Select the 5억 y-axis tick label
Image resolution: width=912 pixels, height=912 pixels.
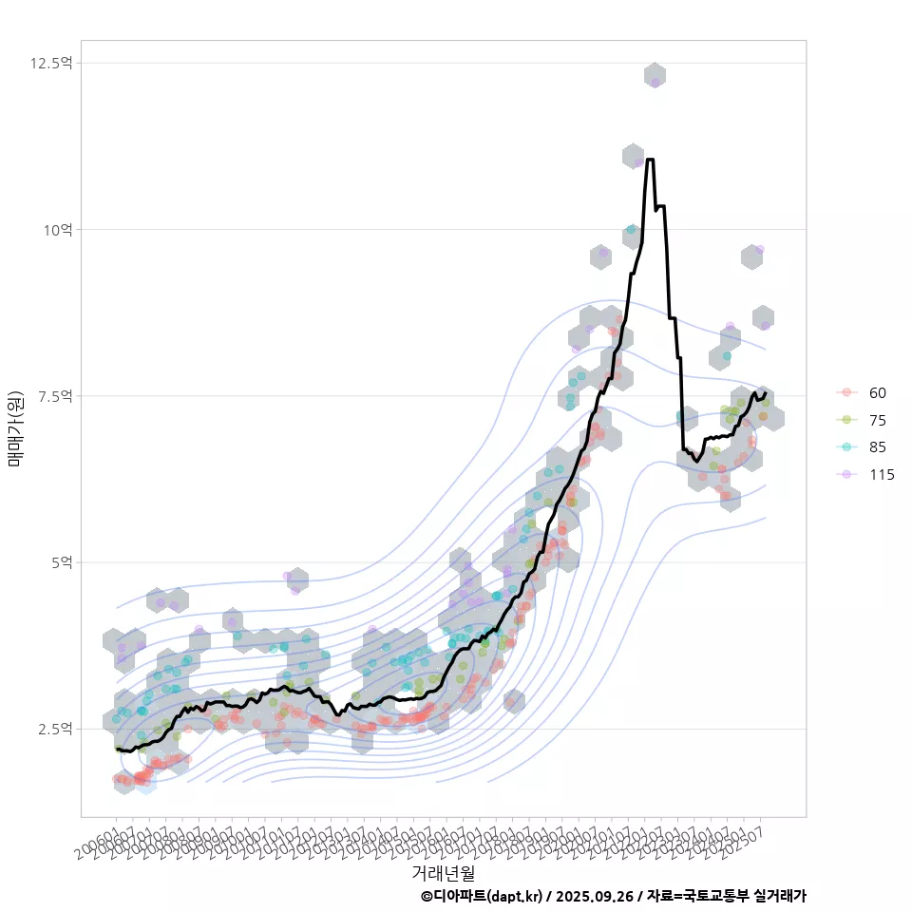[63, 561]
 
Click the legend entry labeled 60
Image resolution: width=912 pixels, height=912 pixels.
[877, 393]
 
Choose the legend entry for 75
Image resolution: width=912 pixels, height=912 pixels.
[877, 421]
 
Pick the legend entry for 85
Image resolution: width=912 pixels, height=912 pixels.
[877, 447]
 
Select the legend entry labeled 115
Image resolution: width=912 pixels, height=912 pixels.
[881, 475]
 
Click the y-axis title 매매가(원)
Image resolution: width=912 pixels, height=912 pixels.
[15, 427]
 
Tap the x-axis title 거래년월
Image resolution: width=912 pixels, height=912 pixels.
[443, 872]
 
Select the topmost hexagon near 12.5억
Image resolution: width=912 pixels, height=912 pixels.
[655, 76]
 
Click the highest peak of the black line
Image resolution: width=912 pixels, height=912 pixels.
[650, 160]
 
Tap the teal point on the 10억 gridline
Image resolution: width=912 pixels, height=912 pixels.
[631, 229]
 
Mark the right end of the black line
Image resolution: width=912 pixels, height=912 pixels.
[766, 392]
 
